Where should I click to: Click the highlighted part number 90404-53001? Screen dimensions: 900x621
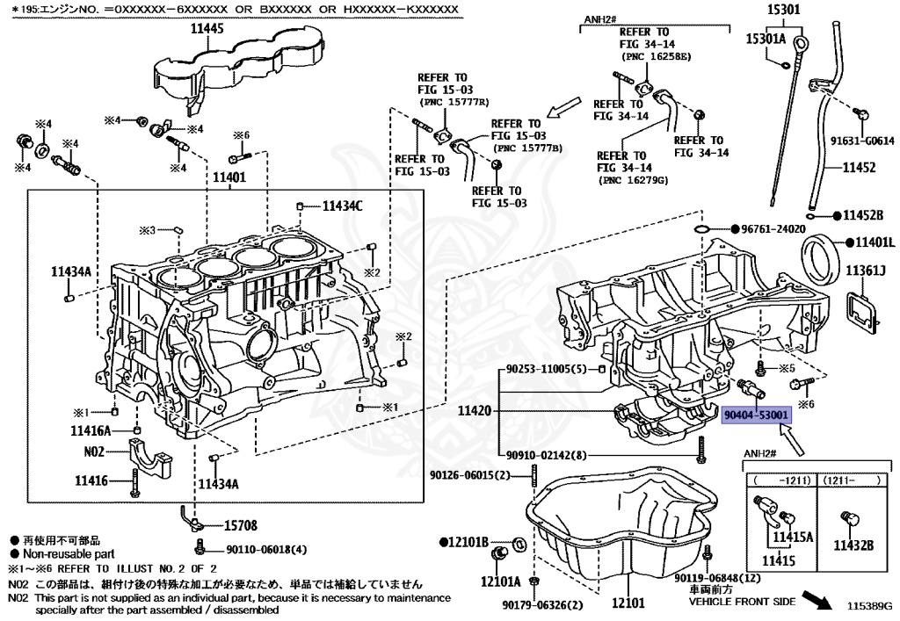(756, 415)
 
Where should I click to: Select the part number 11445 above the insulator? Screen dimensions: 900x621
(207, 29)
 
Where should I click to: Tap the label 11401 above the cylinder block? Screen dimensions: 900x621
(229, 177)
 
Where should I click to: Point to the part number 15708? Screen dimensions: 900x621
(241, 525)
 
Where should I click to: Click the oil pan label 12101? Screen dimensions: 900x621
(628, 603)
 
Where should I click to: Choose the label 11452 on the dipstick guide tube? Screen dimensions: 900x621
(859, 168)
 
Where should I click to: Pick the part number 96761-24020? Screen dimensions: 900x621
(773, 228)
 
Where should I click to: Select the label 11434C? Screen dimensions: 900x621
(343, 206)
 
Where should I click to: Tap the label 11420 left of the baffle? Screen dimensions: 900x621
(474, 410)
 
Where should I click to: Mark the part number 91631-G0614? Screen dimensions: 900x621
(863, 141)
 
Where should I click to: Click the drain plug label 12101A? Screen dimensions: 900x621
(500, 582)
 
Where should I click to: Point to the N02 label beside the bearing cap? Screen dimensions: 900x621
(94, 451)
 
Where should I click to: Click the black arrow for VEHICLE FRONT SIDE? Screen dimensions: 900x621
(817, 599)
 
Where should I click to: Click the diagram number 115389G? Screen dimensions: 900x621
(869, 605)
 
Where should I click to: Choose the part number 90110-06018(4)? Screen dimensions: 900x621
(266, 549)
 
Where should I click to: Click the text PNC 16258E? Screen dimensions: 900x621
(657, 57)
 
